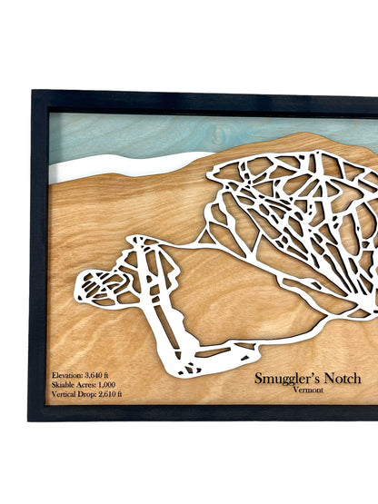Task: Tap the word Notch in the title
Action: [343, 378]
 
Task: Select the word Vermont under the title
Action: [312, 391]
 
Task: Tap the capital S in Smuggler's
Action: [259, 378]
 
